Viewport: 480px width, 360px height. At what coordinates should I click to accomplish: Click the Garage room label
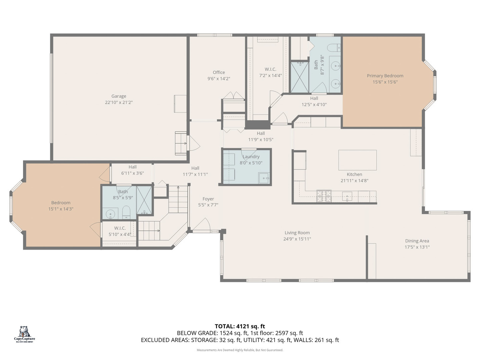pyautogui.click(x=119, y=96)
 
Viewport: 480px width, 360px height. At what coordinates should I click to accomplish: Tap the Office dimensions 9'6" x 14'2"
pyautogui.click(x=219, y=79)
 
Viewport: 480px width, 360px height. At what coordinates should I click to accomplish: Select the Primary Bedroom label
pyautogui.click(x=385, y=76)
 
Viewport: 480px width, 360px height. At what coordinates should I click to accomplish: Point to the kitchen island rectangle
pyautogui.click(x=357, y=160)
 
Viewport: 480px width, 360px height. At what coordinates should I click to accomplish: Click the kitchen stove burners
pyautogui.click(x=324, y=196)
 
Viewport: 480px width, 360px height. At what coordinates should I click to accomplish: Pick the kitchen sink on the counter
pyautogui.click(x=347, y=196)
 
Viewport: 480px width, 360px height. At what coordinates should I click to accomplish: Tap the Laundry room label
pyautogui.click(x=251, y=157)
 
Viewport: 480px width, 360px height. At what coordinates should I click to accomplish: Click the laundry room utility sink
pyautogui.click(x=264, y=178)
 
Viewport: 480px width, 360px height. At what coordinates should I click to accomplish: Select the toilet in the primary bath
pyautogui.click(x=335, y=48)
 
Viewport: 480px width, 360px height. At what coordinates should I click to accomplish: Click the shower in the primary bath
pyautogui.click(x=300, y=77)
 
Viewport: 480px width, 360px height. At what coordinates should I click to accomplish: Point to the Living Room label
pyautogui.click(x=297, y=233)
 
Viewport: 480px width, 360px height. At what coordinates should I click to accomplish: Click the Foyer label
pyautogui.click(x=208, y=199)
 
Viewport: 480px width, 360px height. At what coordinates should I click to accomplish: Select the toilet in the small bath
pyautogui.click(x=126, y=212)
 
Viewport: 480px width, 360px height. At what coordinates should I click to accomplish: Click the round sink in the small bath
pyautogui.click(x=110, y=214)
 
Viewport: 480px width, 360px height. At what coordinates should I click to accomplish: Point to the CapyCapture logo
pyautogui.click(x=24, y=334)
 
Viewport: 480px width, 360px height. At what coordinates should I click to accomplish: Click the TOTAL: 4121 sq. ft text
pyautogui.click(x=240, y=326)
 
